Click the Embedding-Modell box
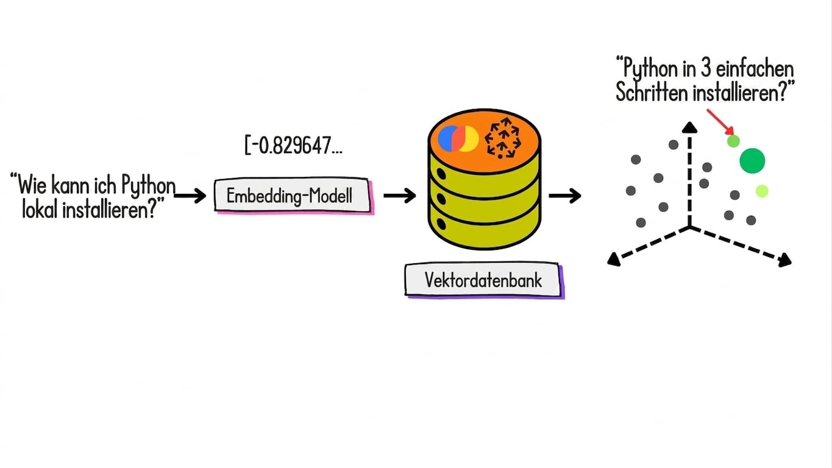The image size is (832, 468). pyautogui.click(x=294, y=196)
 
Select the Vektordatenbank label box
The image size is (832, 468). pyautogui.click(x=484, y=280)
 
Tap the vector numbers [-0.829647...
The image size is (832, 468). pyautogui.click(x=293, y=145)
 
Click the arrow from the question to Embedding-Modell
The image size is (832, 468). pyautogui.click(x=190, y=196)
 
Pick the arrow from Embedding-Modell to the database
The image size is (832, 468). pyautogui.click(x=400, y=196)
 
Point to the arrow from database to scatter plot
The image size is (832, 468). pyautogui.click(x=565, y=196)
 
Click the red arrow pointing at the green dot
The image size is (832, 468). pyautogui.click(x=720, y=122)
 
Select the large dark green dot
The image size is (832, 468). pyautogui.click(x=752, y=161)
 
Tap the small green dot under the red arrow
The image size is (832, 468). pyautogui.click(x=733, y=141)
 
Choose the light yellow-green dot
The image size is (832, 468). pyautogui.click(x=762, y=191)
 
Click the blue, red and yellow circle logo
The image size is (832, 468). pyautogui.click(x=458, y=138)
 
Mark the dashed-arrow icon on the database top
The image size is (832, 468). pyautogui.click(x=503, y=138)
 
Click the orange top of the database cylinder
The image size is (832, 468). pyautogui.click(x=485, y=141)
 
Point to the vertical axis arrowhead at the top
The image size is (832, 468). pyautogui.click(x=690, y=127)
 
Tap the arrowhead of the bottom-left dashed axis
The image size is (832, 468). pyautogui.click(x=614, y=259)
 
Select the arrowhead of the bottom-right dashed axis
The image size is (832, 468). pyautogui.click(x=784, y=260)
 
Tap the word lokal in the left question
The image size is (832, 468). pyautogui.click(x=40, y=210)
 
